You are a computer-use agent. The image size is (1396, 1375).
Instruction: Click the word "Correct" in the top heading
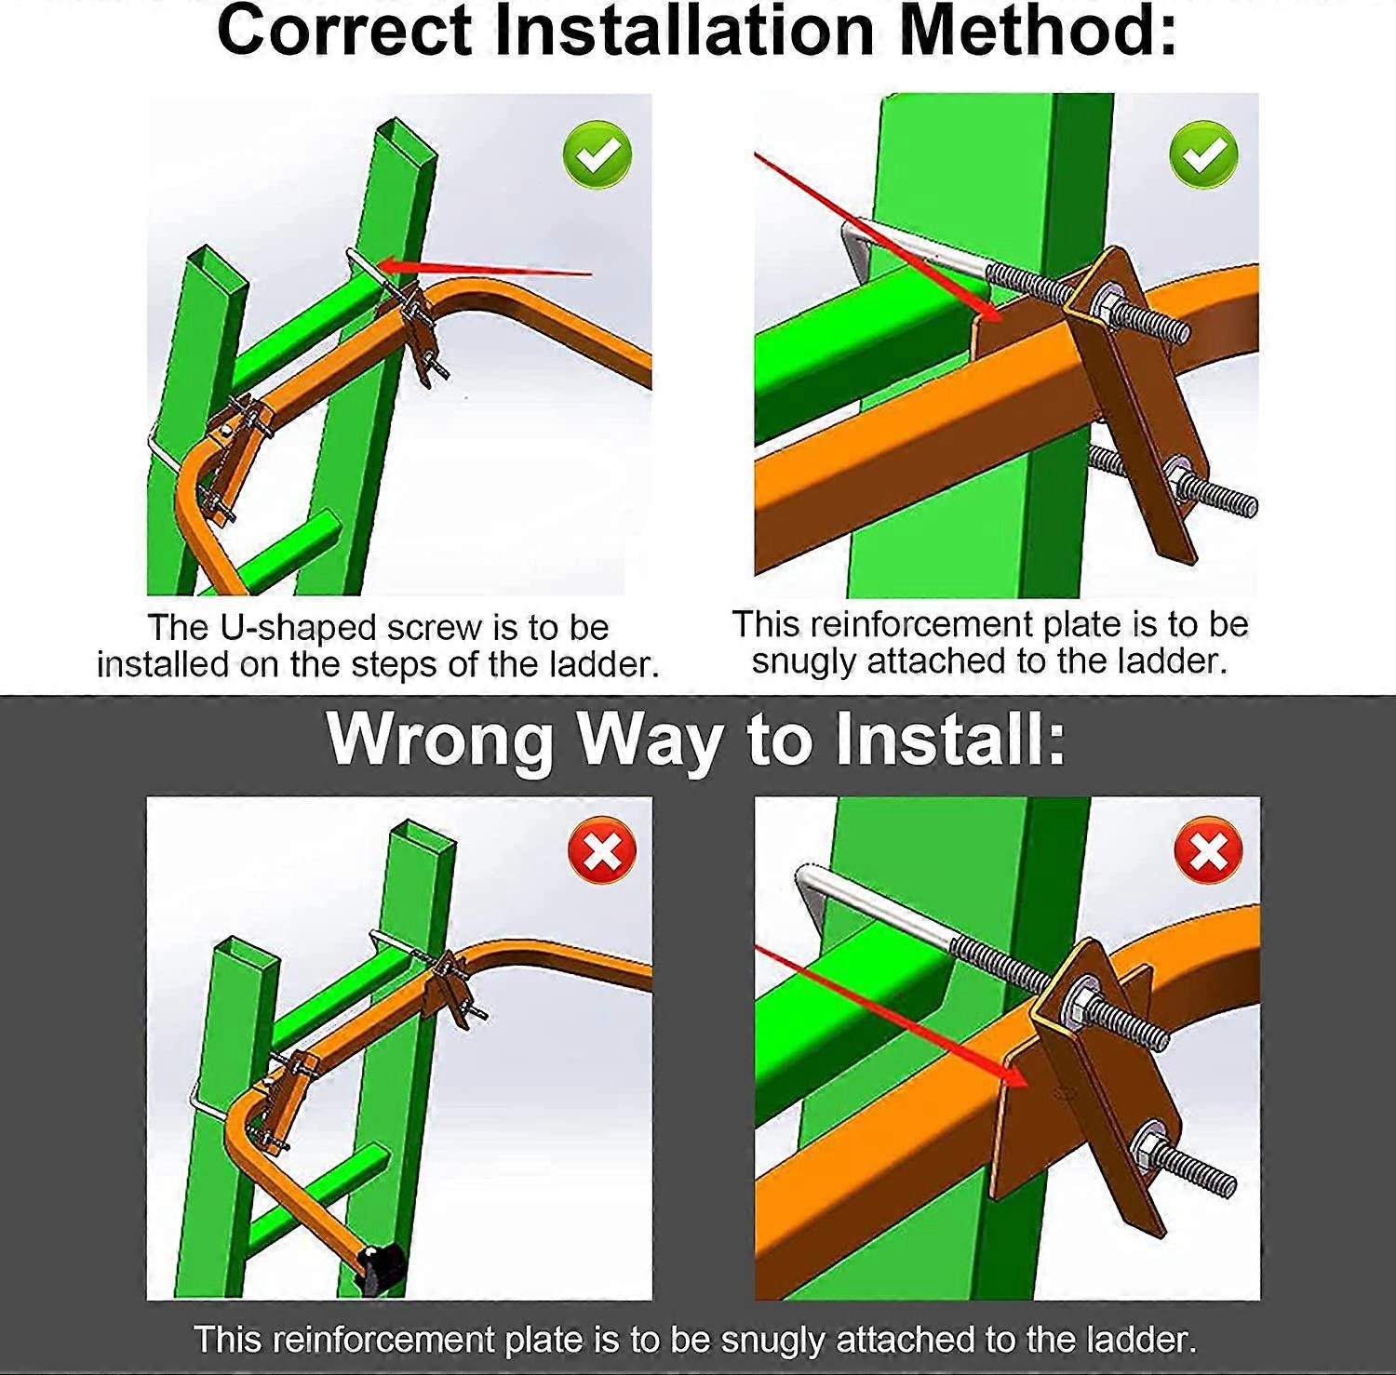pos(344,30)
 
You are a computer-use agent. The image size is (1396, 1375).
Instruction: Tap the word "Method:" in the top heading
pos(1039,30)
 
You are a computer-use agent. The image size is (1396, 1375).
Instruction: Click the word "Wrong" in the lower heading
pos(439,740)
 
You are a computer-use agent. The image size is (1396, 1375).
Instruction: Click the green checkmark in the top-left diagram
pos(597,154)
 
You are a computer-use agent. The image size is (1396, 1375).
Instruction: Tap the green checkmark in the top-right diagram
pos(1204,154)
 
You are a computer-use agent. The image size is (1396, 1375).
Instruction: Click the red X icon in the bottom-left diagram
pos(602,850)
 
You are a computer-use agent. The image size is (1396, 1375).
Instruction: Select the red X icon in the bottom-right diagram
pos(1209,850)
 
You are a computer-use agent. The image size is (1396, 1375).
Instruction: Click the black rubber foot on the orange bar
pos(381,1267)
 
